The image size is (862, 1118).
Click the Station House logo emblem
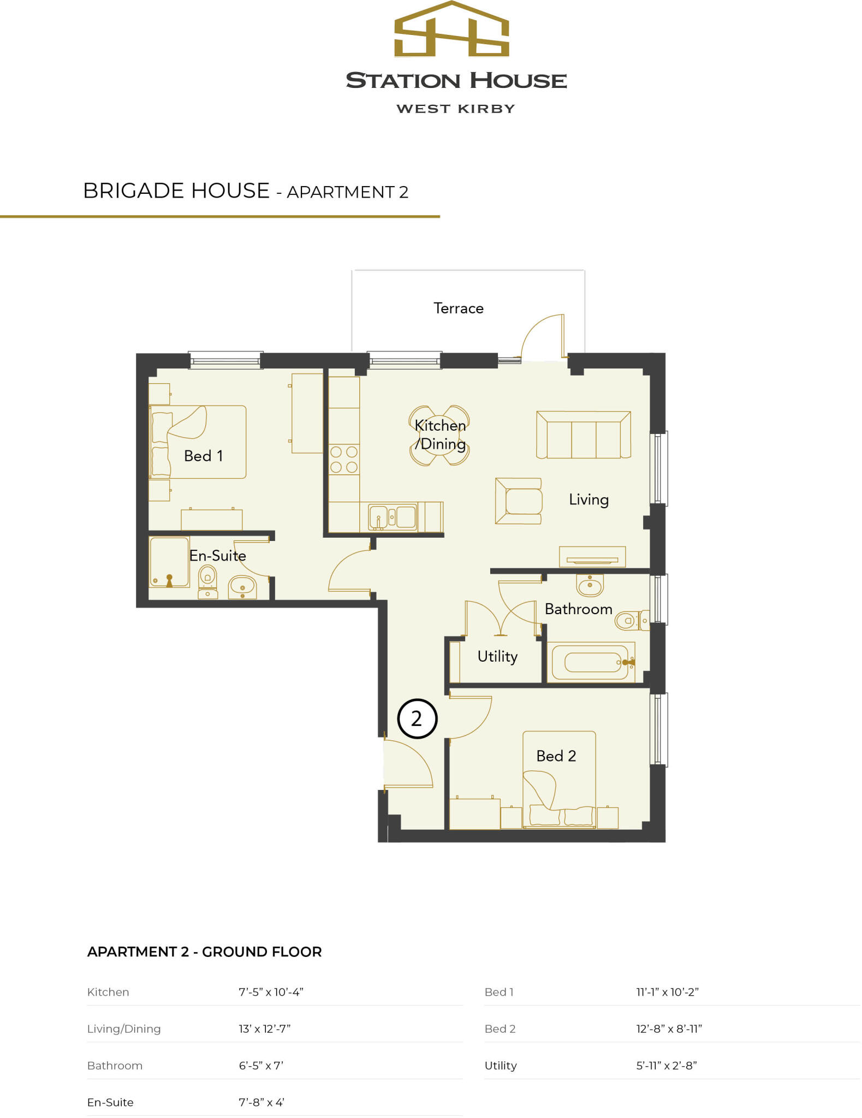pyautogui.click(x=451, y=30)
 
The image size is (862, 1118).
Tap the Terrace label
pyautogui.click(x=458, y=308)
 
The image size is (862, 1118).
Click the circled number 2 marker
pyautogui.click(x=417, y=718)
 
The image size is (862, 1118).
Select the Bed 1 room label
pyautogui.click(x=203, y=456)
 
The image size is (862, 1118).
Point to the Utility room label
pyautogui.click(x=497, y=656)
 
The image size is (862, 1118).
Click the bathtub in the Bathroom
pyautogui.click(x=591, y=662)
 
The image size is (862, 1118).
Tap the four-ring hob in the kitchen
pyautogui.click(x=344, y=459)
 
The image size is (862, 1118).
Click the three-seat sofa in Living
pyautogui.click(x=584, y=435)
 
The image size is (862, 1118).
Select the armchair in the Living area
pyautogui.click(x=519, y=501)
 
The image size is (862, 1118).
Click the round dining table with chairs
pyautogui.click(x=439, y=435)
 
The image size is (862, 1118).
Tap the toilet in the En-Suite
pyautogui.click(x=207, y=582)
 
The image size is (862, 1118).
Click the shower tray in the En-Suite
pyautogui.click(x=169, y=562)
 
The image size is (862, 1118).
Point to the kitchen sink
pyautogui.click(x=393, y=516)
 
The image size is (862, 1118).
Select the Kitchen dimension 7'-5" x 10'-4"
pyautogui.click(x=271, y=992)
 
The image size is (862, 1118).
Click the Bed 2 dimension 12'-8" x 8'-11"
pyautogui.click(x=669, y=1028)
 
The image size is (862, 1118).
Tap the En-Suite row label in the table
pyautogui.click(x=110, y=1102)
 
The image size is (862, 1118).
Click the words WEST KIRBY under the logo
pyautogui.click(x=455, y=109)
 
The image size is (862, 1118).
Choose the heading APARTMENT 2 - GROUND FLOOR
pyautogui.click(x=204, y=952)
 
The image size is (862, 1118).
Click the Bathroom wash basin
pyautogui.click(x=590, y=586)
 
